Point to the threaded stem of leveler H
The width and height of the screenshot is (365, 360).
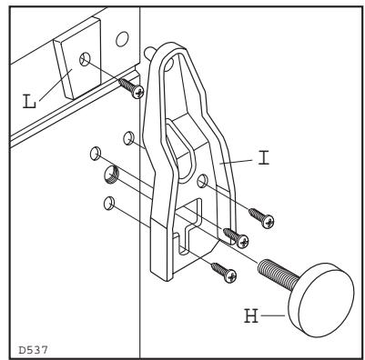click(277, 272)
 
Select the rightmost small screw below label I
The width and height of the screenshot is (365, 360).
click(263, 219)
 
